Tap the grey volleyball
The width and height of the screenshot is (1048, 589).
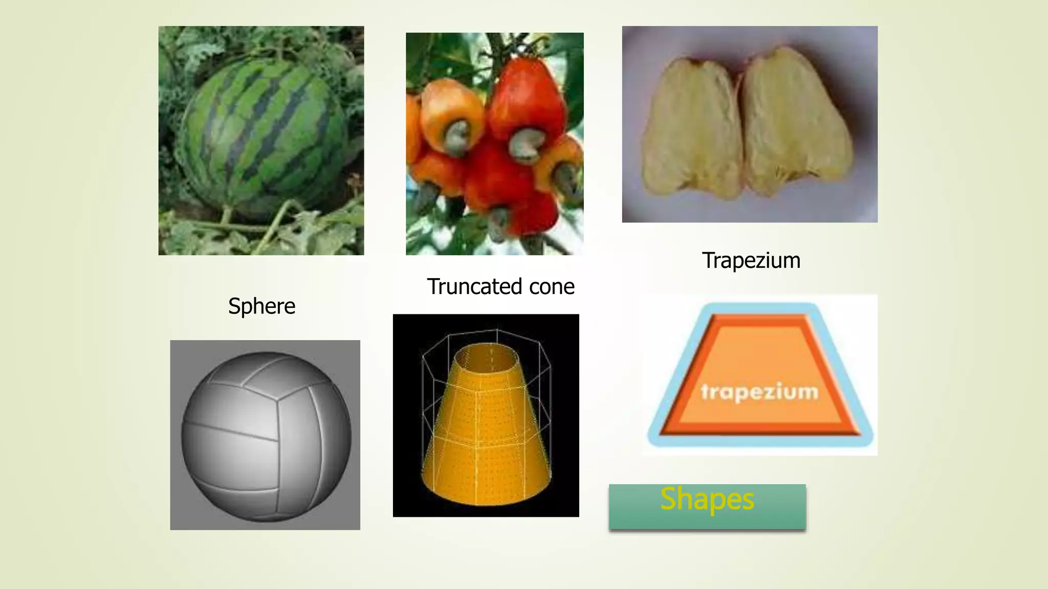[x=266, y=435]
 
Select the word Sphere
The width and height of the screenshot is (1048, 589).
[x=261, y=306]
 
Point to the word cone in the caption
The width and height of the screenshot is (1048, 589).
[x=552, y=287]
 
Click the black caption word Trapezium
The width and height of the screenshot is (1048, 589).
[x=751, y=261]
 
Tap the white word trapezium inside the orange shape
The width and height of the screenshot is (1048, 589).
[x=759, y=392]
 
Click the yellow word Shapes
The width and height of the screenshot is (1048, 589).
[x=707, y=499]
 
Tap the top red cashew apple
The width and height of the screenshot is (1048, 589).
[x=527, y=97]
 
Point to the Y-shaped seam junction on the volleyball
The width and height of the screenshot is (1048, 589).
[x=278, y=399]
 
